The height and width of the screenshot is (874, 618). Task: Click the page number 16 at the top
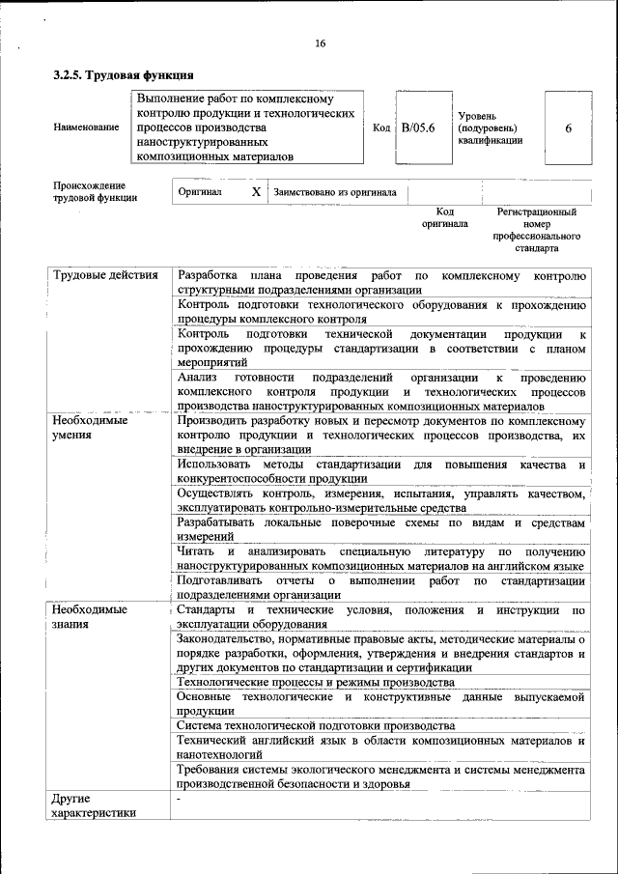click(x=320, y=42)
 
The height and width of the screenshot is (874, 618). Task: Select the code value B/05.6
click(x=419, y=127)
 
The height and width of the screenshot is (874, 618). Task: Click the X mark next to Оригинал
click(x=256, y=191)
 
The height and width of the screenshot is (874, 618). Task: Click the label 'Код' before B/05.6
click(x=380, y=127)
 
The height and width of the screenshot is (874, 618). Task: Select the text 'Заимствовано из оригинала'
click(x=335, y=191)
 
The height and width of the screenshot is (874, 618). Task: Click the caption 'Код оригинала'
click(x=444, y=217)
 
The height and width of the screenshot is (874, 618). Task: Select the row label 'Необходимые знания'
click(x=90, y=618)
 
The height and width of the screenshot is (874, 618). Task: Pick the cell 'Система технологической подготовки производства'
click(x=315, y=724)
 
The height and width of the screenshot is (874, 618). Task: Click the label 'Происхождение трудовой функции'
click(x=95, y=191)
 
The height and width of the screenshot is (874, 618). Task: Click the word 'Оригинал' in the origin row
click(x=200, y=191)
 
